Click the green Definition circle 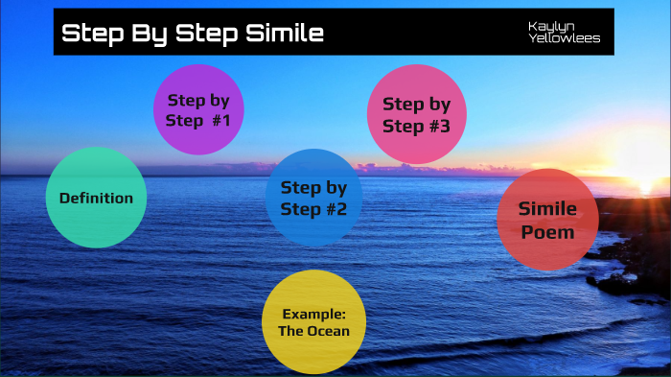[96, 198]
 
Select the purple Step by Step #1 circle [198, 109]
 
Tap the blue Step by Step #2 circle [313, 197]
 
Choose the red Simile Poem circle [547, 220]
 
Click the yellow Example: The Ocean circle [313, 321]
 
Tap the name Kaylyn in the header [547, 26]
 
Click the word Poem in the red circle [547, 232]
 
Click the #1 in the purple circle [223, 121]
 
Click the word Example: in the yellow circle [313, 314]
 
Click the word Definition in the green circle [96, 199]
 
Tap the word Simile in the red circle [547, 209]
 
